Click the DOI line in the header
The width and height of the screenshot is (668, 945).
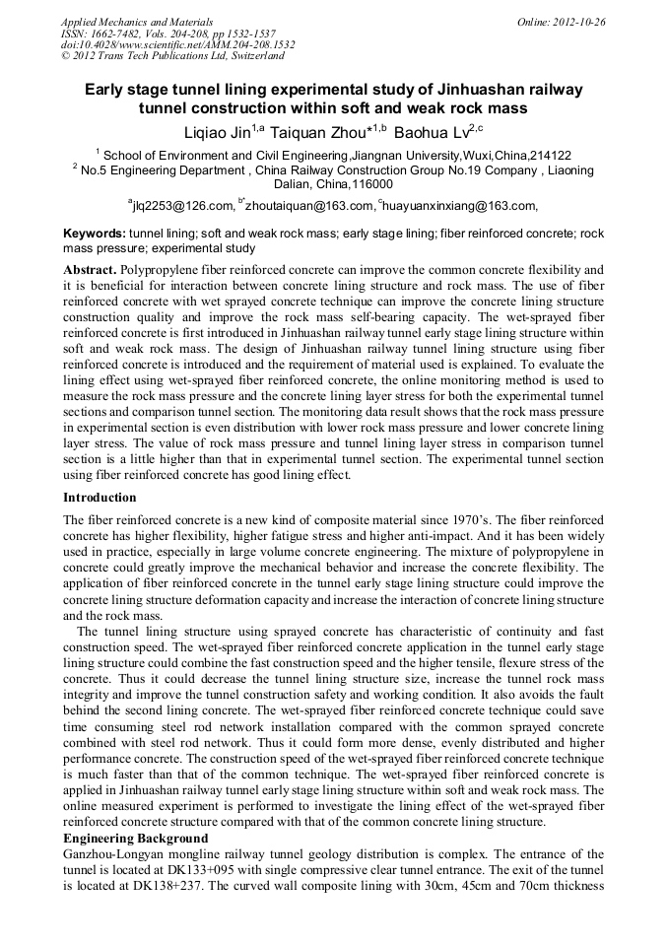pos(177,44)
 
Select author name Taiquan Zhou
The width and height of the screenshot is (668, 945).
pos(319,130)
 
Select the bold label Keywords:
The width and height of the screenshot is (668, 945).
pos(94,234)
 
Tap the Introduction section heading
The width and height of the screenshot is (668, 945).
pos(100,498)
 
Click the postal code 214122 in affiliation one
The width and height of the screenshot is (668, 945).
pos(549,156)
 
